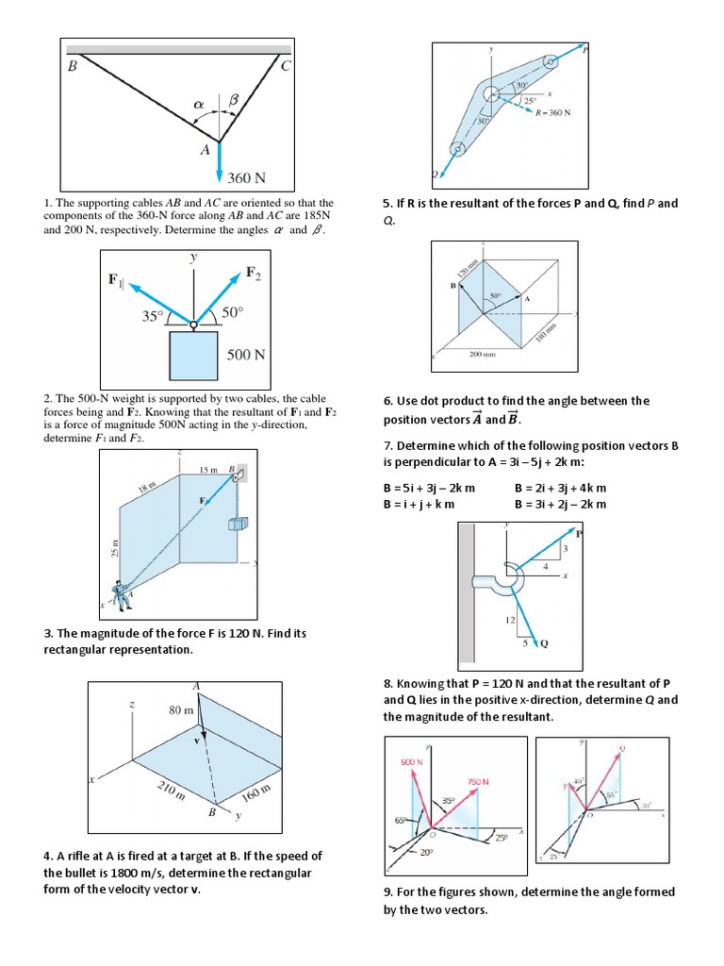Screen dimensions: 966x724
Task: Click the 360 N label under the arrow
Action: [247, 176]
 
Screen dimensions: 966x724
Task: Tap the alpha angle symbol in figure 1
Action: [198, 104]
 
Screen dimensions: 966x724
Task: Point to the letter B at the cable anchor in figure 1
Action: [73, 66]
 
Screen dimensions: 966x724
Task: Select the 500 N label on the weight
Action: [246, 356]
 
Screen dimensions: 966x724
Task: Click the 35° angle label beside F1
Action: [152, 317]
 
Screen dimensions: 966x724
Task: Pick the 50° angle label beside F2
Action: [233, 312]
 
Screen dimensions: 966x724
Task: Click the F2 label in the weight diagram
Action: [253, 273]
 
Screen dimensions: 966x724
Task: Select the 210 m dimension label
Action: [171, 791]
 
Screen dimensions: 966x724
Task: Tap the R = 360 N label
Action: [553, 113]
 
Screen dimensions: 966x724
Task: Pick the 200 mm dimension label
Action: [483, 355]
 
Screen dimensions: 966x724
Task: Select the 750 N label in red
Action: [478, 781]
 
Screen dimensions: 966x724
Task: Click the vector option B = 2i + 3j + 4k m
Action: [560, 488]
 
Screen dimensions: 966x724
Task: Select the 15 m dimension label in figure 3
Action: [208, 470]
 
